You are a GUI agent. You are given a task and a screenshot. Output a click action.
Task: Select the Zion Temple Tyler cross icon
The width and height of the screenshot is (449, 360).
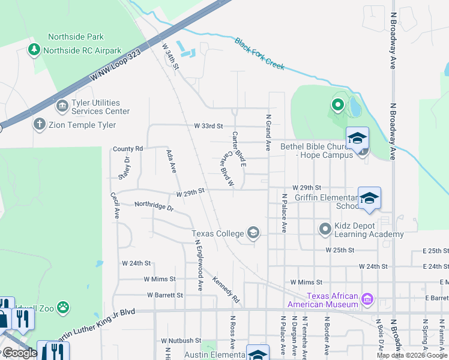[x=40, y=125]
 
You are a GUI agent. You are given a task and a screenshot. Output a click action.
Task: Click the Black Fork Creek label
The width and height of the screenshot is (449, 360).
[x=259, y=53]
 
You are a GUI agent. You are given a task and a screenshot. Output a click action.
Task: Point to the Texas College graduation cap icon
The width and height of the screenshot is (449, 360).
[x=253, y=233]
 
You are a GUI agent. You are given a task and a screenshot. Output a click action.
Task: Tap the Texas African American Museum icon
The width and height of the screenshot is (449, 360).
[x=368, y=298]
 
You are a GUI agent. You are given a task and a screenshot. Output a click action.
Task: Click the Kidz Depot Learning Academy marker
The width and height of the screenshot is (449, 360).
[x=325, y=229]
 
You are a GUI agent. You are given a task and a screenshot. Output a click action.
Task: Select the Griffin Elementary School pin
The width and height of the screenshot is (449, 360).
[x=369, y=199]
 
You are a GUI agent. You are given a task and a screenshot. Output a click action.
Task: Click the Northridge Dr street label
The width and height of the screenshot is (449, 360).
[x=154, y=206]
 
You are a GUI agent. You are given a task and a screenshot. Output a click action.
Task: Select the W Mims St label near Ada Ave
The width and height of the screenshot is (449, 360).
[x=160, y=279]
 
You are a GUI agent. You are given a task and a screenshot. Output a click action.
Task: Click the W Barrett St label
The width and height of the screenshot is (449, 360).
[x=165, y=295]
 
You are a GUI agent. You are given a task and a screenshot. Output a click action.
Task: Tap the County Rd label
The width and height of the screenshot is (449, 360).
[x=128, y=149]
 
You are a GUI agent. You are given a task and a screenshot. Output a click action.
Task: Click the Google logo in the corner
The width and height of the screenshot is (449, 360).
[x=20, y=353]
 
